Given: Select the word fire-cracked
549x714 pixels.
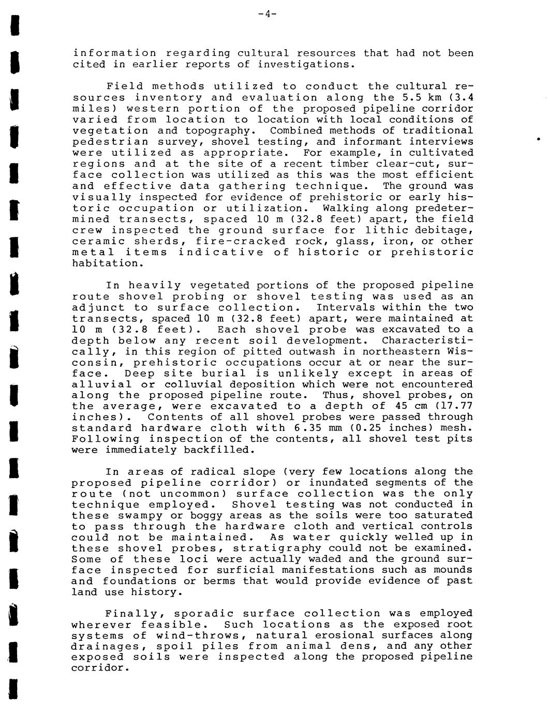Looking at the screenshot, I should coord(240,241).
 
